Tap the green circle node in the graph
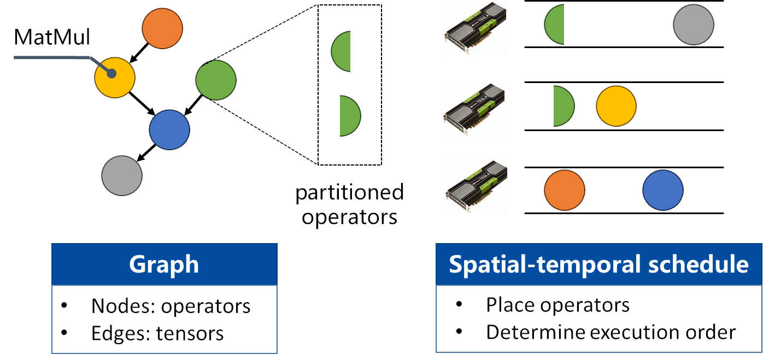point(216,80)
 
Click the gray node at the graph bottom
point(122,175)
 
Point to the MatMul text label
point(52,38)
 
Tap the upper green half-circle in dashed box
point(342,52)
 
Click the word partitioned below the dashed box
point(349,193)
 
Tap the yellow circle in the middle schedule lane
point(616,106)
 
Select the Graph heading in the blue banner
point(164,264)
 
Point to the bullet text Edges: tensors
point(157,333)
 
